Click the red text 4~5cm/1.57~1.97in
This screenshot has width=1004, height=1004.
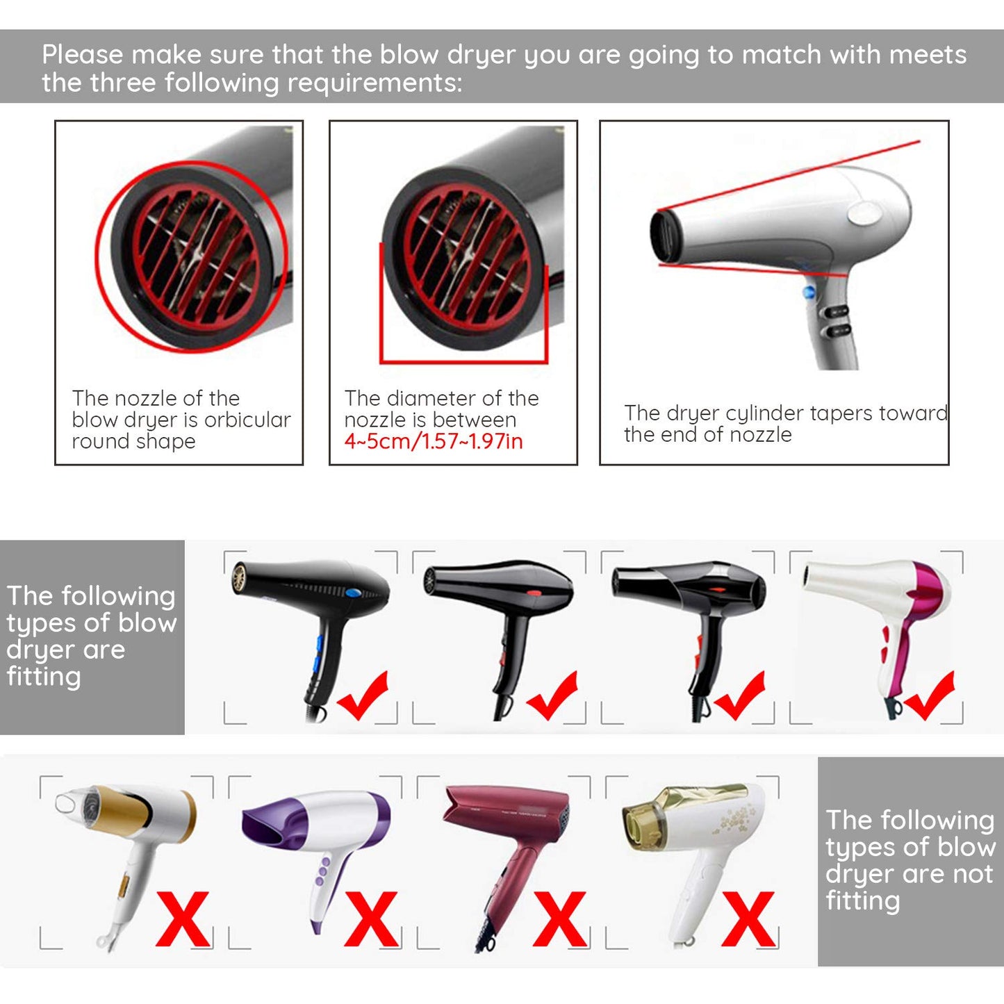434,441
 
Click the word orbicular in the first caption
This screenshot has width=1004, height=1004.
247,420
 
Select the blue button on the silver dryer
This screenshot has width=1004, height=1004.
808,292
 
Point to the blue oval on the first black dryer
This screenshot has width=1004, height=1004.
354,593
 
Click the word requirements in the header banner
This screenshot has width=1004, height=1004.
375,83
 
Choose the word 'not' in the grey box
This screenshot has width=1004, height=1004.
973,874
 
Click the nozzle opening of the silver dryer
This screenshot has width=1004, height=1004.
666,236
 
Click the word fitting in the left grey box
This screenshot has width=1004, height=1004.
43,676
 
